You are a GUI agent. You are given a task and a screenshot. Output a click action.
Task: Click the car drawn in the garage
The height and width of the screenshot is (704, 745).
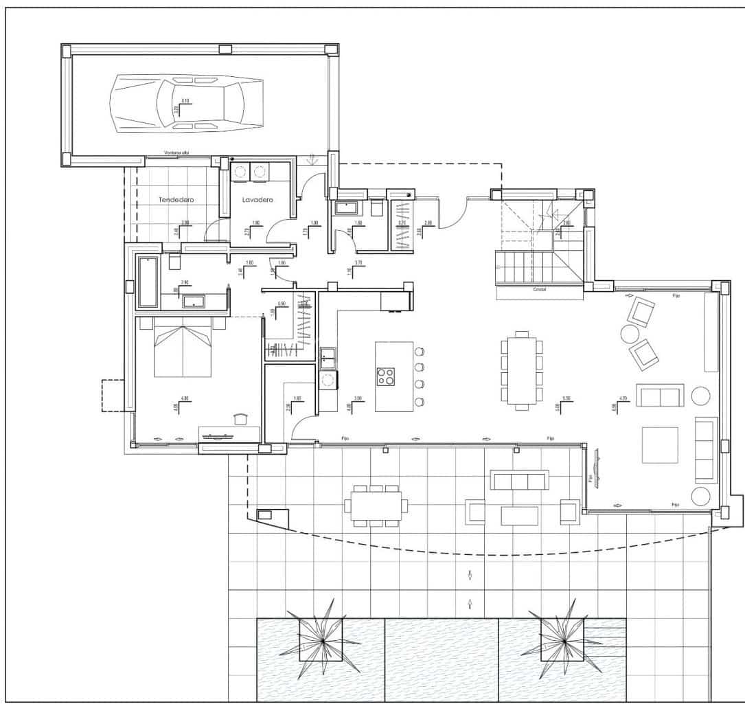click(x=186, y=104)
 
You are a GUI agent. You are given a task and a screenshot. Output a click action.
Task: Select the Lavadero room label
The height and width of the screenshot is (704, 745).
click(x=257, y=199)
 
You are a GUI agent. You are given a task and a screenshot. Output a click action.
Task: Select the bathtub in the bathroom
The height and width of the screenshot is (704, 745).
click(x=148, y=282)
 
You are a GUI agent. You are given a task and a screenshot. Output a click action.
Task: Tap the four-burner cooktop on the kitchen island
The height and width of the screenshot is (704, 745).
click(x=385, y=376)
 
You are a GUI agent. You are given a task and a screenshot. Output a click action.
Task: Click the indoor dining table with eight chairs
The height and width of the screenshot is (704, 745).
click(x=522, y=371)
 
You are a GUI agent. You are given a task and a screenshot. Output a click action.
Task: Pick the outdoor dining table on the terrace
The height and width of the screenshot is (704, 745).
click(x=376, y=506)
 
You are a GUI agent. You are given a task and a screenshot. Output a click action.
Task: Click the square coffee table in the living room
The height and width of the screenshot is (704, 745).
click(x=660, y=445)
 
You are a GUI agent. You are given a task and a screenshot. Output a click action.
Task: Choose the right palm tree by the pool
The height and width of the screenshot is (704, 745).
click(x=563, y=640)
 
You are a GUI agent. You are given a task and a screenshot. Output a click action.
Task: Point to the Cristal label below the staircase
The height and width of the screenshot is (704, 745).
click(x=540, y=290)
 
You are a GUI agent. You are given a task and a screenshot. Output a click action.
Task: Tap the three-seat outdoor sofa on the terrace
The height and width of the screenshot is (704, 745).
click(x=519, y=479)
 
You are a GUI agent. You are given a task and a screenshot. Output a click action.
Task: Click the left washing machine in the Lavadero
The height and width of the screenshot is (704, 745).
click(x=241, y=172)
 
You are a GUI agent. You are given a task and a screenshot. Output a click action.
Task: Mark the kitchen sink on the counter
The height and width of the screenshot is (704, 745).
click(x=328, y=355)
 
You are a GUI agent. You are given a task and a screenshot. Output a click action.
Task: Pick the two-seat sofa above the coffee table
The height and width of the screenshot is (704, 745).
click(x=659, y=396)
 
